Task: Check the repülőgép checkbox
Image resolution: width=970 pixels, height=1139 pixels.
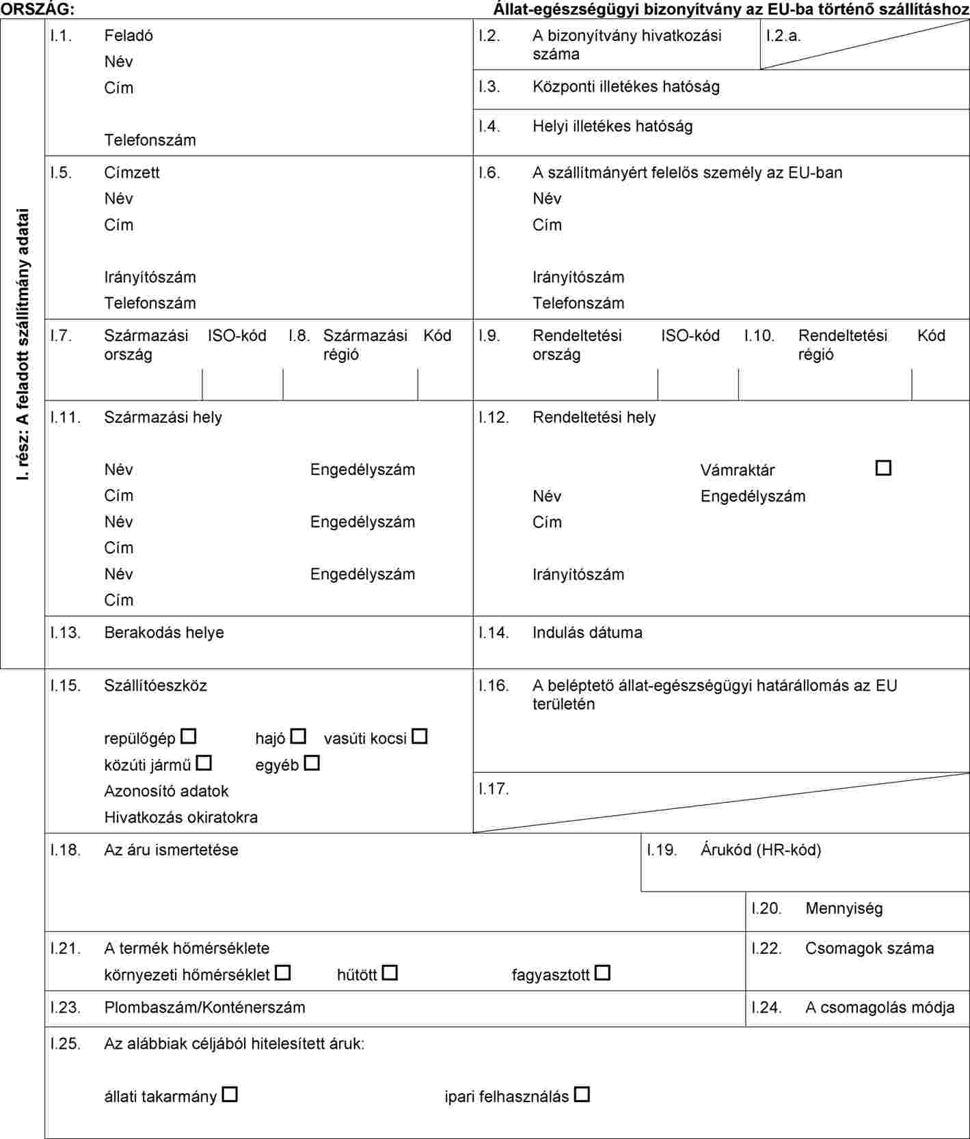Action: coord(189,737)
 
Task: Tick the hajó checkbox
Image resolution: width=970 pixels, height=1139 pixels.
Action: coord(298,737)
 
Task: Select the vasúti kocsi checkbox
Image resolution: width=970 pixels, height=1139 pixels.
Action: coord(420,737)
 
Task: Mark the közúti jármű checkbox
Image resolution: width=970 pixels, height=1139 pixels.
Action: coord(204,763)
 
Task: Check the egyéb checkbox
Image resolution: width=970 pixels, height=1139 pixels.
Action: coord(312,763)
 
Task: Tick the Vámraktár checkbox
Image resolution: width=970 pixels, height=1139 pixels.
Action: coord(883,468)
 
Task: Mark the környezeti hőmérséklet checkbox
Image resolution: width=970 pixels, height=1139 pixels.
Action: coord(283,972)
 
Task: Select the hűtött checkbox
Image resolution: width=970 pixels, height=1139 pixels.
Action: coord(390,972)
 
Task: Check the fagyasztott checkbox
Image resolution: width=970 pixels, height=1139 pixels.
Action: coord(602,972)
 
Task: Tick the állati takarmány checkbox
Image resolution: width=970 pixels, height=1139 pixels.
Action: coord(230,1094)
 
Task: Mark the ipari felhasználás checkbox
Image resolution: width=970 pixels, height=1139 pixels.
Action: coord(582,1094)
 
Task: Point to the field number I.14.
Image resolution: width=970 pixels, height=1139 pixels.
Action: coord(494,633)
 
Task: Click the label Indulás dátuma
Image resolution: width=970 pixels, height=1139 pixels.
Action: coord(587,633)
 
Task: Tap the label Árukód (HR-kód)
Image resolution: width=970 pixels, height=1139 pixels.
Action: coord(761,849)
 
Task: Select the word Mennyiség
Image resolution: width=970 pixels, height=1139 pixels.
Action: coord(844,908)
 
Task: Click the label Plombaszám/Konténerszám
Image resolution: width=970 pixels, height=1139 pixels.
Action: coord(204,1007)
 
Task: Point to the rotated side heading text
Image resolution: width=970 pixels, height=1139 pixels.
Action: coord(23,344)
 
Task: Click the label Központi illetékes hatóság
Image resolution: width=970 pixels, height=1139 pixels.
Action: coord(625,87)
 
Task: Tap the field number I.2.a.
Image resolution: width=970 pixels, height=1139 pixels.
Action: coord(783,36)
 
